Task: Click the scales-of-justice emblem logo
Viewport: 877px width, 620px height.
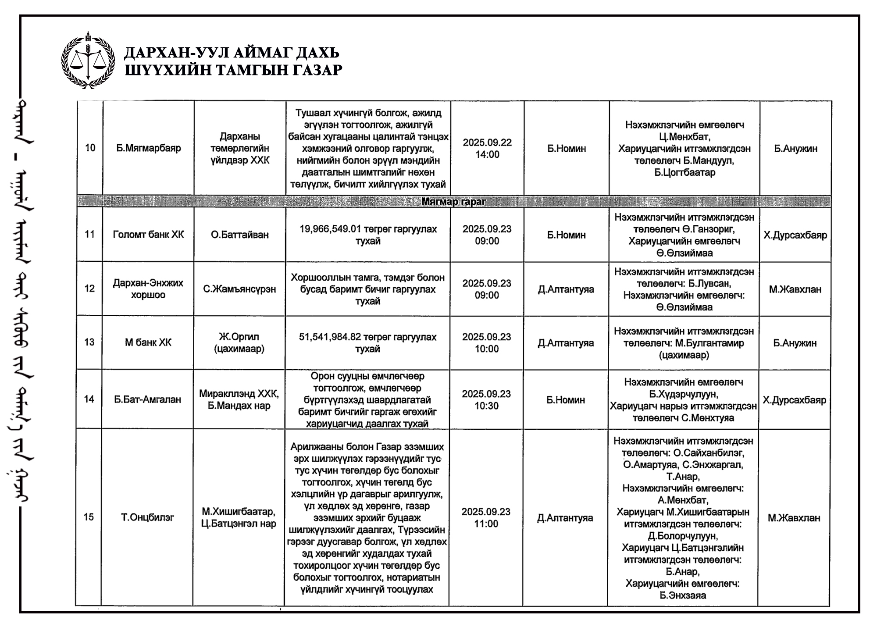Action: click(88, 61)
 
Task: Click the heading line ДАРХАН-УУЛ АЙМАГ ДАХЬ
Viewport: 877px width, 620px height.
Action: click(232, 53)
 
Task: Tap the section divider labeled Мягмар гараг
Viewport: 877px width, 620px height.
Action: click(453, 202)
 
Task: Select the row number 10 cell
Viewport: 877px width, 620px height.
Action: click(90, 148)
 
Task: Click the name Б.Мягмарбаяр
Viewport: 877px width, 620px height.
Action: click(148, 148)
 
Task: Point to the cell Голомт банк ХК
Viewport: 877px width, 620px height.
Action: click(148, 235)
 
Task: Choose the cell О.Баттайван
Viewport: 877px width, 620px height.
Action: click(239, 235)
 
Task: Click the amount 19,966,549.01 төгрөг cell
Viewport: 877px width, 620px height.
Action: click(368, 235)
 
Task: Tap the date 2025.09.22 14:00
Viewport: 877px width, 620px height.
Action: click(487, 148)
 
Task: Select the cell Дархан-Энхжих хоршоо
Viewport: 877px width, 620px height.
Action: click(148, 289)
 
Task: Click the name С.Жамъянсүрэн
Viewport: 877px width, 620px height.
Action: click(239, 289)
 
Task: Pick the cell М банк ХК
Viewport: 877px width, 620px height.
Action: click(148, 342)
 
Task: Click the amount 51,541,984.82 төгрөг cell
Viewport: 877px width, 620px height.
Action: click(367, 343)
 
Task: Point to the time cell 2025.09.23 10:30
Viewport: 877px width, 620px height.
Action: click(487, 399)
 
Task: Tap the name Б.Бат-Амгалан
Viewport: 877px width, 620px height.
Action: click(148, 399)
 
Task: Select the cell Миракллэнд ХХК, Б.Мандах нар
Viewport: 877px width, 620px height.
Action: click(239, 399)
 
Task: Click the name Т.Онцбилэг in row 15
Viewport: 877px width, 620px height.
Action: click(147, 517)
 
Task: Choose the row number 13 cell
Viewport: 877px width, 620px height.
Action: click(89, 342)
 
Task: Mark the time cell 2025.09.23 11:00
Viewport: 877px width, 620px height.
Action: click(486, 517)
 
